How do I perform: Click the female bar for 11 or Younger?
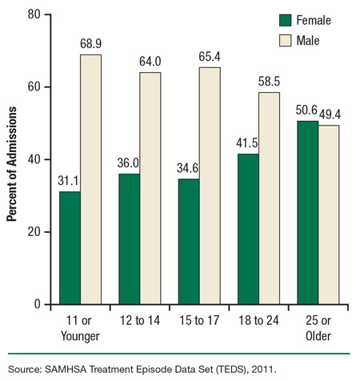pyautogui.click(x=69, y=248)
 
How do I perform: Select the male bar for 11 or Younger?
pyautogui.click(x=90, y=179)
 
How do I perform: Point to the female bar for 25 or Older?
pyautogui.click(x=307, y=212)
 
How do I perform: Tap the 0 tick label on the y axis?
pyautogui.click(x=37, y=305)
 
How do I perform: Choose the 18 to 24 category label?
pyautogui.click(x=258, y=320)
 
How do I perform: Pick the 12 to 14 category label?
pyautogui.click(x=139, y=320)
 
